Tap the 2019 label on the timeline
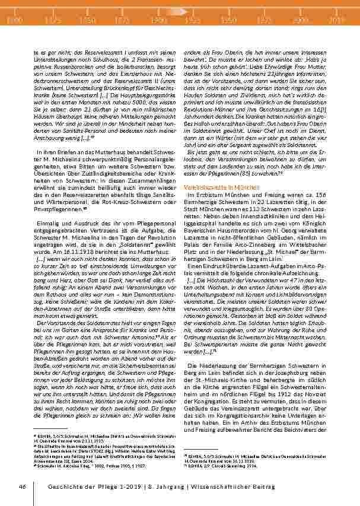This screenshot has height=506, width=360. pyautogui.click(x=337, y=20)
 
